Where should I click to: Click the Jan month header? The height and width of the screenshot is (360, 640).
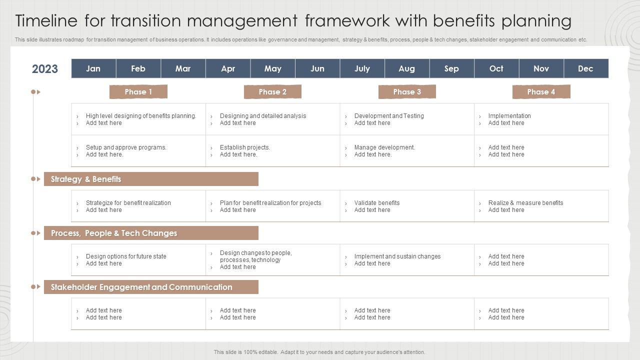(x=93, y=68)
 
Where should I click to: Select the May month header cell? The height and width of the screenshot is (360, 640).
(x=272, y=68)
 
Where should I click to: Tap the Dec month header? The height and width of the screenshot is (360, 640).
(x=585, y=68)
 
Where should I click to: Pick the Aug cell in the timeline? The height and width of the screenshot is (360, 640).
(x=406, y=68)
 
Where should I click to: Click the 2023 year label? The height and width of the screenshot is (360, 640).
(x=45, y=69)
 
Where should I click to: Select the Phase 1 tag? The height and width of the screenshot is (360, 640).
(x=138, y=92)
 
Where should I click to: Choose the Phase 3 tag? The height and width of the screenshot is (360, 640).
(x=407, y=92)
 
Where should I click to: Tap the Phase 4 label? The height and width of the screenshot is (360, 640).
(x=541, y=92)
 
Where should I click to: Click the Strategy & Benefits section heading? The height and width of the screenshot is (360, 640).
(x=86, y=179)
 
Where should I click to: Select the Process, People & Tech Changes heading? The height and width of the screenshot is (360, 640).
(x=114, y=233)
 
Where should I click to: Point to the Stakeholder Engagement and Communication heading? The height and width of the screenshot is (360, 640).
(x=141, y=287)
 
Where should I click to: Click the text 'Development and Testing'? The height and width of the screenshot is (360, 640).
(x=389, y=116)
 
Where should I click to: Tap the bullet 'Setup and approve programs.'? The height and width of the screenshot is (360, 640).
(x=126, y=147)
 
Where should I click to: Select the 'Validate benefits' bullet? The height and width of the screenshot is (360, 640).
(x=377, y=203)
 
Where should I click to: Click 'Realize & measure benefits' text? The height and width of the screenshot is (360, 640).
(x=525, y=203)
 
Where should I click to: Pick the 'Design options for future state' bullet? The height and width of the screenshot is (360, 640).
(x=126, y=256)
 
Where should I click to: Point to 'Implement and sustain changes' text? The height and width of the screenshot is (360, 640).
(x=397, y=256)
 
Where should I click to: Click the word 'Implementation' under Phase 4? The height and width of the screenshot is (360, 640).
(x=509, y=116)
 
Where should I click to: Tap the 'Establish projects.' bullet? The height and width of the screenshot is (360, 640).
(x=245, y=147)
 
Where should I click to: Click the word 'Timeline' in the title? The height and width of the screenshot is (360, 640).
(x=46, y=21)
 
